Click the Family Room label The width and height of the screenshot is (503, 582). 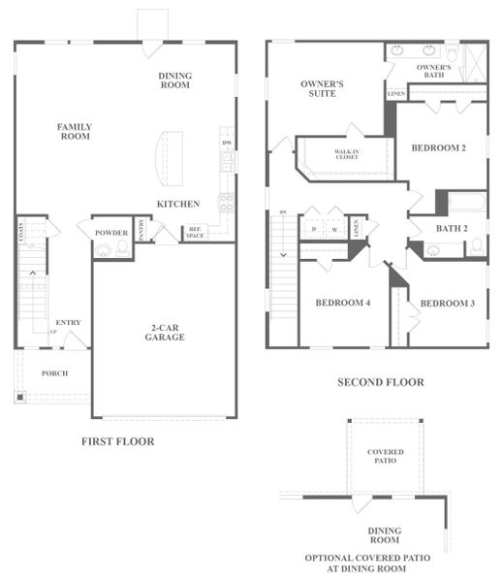[x=74, y=131]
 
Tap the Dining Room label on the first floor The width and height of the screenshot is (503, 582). [x=175, y=81]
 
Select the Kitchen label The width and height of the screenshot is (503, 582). [x=178, y=204]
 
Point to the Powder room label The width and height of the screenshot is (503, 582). [x=111, y=233]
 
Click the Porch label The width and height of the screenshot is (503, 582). [x=54, y=373]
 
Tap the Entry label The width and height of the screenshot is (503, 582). [x=68, y=323]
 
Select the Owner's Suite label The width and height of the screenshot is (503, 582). [x=322, y=88]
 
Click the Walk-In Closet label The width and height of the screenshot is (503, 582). [x=347, y=154]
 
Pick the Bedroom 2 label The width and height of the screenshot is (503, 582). [x=439, y=147]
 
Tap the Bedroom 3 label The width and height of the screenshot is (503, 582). [x=447, y=303]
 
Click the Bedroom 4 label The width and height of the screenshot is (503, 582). [x=342, y=303]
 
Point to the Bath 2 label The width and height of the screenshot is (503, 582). [x=452, y=229]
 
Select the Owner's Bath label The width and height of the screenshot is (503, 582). [x=433, y=70]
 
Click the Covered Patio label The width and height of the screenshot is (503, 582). [x=385, y=456]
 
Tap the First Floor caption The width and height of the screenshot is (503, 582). [x=117, y=441]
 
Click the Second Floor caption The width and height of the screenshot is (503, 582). [x=380, y=382]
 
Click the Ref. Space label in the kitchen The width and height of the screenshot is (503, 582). [x=196, y=234]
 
